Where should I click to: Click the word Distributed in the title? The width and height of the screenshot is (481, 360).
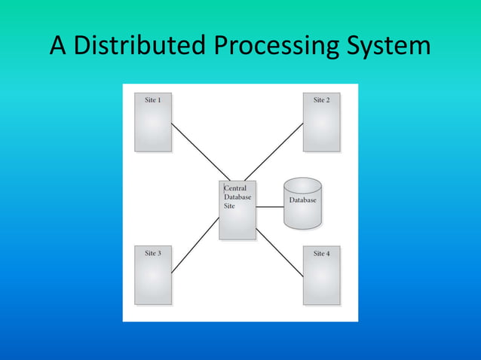(x=139, y=47)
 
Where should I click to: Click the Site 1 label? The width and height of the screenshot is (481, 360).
(x=153, y=100)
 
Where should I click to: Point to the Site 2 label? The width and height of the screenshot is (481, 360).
(x=322, y=100)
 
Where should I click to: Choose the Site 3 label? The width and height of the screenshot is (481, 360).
(x=153, y=254)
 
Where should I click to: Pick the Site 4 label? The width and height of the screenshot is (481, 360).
(x=322, y=254)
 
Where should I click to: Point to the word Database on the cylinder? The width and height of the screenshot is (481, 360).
(x=302, y=200)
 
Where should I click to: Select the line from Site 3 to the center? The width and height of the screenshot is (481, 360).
(x=195, y=246)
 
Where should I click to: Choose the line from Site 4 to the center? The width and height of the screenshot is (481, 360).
(x=279, y=252)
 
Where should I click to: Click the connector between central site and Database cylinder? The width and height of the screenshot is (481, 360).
(x=269, y=206)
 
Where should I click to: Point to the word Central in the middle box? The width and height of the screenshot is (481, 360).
(x=235, y=188)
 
